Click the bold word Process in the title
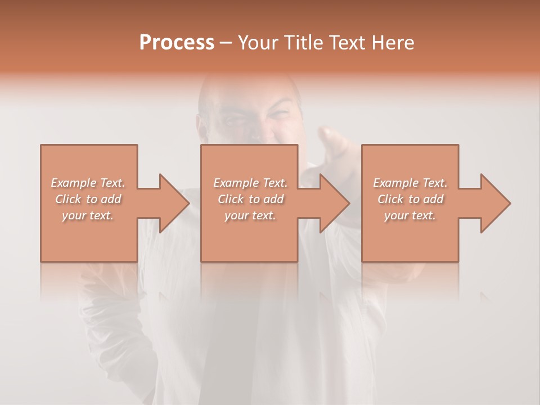[x=177, y=42]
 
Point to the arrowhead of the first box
[x=174, y=203]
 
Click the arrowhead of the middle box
[x=335, y=203]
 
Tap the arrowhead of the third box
[x=496, y=203]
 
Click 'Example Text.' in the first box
[x=88, y=183]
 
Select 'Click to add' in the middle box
[x=250, y=199]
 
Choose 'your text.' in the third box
[x=410, y=215]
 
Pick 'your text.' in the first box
[x=88, y=215]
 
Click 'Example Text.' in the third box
[x=410, y=183]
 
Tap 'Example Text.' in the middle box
[x=250, y=183]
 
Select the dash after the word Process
[x=226, y=43]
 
